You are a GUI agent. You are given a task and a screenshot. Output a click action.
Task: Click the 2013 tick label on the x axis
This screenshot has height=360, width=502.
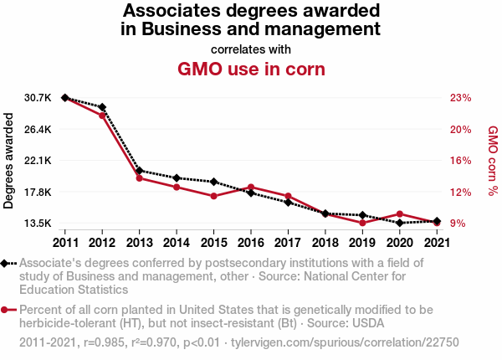click(139, 243)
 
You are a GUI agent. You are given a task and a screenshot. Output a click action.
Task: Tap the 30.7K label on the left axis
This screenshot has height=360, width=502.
click(38, 98)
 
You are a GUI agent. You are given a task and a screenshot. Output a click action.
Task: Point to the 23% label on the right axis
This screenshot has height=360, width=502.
click(461, 98)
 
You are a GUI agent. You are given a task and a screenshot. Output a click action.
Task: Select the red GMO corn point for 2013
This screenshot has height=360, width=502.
click(139, 177)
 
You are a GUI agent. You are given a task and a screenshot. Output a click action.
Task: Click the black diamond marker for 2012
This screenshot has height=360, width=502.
click(102, 107)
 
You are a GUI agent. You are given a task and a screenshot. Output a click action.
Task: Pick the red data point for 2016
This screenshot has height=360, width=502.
click(251, 187)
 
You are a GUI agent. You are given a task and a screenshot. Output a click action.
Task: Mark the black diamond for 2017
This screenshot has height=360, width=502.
click(288, 203)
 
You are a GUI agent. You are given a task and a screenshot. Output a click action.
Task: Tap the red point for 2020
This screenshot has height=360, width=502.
click(400, 213)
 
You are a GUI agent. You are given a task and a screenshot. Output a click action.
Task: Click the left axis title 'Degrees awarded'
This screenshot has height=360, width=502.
click(9, 161)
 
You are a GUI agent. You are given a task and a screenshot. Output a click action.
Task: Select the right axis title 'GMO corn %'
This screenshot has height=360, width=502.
click(493, 161)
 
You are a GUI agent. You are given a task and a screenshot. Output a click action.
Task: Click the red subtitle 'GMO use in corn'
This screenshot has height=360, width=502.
click(251, 68)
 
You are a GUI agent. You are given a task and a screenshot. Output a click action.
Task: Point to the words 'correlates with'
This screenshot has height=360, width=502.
click(251, 48)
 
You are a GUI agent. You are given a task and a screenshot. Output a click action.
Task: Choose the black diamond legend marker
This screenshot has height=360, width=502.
click(6, 263)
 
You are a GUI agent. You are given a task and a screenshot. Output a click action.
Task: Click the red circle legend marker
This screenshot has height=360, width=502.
click(6, 310)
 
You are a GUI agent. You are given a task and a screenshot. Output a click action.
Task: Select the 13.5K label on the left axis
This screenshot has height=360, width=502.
click(38, 224)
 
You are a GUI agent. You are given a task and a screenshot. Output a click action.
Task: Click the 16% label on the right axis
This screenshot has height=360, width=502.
click(461, 161)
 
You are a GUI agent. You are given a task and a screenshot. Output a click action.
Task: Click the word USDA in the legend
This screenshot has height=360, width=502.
click(371, 323)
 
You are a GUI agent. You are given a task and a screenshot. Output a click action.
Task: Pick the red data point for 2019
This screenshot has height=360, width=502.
click(362, 223)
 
